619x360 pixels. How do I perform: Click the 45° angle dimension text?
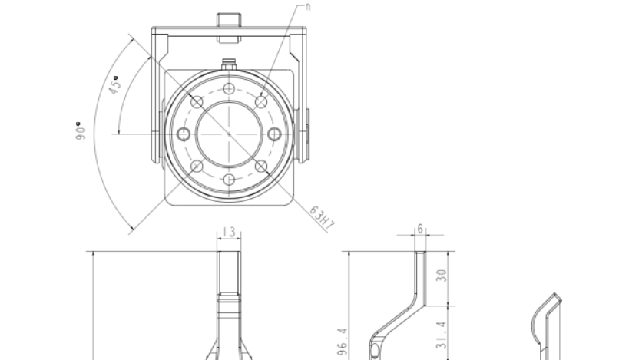(x=114, y=84)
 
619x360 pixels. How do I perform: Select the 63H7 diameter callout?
(x=323, y=217)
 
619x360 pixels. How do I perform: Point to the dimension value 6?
(x=420, y=230)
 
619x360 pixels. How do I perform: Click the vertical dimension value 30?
(x=442, y=275)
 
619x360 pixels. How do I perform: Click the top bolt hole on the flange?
(x=229, y=89)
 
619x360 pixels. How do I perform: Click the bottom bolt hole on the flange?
(x=229, y=180)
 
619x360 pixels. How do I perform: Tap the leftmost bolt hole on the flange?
(x=183, y=134)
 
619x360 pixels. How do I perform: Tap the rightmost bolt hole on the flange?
(x=274, y=134)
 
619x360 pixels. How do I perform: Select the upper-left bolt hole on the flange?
(x=197, y=102)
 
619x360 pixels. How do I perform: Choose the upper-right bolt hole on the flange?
(x=261, y=102)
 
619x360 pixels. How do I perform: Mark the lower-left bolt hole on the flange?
(x=197, y=167)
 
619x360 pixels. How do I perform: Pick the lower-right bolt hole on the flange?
(x=261, y=167)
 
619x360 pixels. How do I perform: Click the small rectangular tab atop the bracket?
(x=229, y=19)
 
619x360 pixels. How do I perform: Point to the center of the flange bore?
(x=229, y=134)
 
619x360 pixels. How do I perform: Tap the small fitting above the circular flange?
(x=229, y=64)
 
